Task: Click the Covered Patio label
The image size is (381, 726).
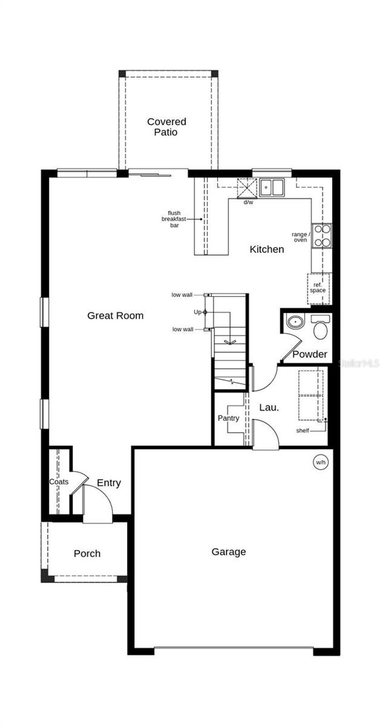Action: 166,127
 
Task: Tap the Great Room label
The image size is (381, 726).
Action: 115,316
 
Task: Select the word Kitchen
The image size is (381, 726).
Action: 267,249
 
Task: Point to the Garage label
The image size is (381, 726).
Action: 228,552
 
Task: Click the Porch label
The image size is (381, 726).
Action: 87,554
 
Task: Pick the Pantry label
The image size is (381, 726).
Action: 228,418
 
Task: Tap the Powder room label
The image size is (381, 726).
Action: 310,354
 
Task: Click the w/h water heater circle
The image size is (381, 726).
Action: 320,463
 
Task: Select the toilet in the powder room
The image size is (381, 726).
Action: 320,328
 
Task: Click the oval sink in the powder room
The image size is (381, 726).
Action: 295,321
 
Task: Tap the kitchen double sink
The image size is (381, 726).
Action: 272,187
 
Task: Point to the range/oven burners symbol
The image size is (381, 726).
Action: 322,236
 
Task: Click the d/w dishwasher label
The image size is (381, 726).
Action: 248,203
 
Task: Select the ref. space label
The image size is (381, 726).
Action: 318,288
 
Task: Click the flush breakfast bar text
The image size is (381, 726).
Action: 174,219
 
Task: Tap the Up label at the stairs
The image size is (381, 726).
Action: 197,312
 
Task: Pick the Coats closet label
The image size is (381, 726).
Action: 59,482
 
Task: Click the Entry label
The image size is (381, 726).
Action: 109,483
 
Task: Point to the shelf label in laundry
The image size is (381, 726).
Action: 302,431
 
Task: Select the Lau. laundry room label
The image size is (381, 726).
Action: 269,408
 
